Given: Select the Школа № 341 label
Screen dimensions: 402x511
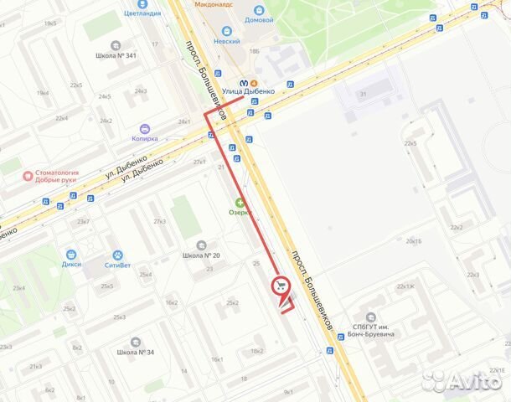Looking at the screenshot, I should click(116, 56).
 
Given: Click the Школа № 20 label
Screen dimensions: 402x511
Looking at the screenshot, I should click(200, 255).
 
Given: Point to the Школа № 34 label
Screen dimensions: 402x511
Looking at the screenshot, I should click(135, 351).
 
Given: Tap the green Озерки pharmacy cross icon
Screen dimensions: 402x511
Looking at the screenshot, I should click(240, 202).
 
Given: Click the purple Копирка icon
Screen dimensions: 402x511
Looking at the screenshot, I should click(146, 129).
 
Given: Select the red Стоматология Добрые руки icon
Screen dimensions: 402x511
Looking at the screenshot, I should click(27, 176).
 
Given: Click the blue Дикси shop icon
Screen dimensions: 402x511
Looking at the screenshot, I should click(71, 254).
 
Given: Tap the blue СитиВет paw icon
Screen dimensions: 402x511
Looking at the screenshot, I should click(117, 254).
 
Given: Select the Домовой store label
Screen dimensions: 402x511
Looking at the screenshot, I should click(258, 18).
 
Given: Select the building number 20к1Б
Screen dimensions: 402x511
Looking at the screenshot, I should click(413, 240).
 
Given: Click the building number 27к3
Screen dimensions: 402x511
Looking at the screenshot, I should click(159, 221).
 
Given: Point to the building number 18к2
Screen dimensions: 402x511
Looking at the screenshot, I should click(256, 351).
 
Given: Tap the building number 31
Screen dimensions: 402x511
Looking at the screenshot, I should click(364, 95).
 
